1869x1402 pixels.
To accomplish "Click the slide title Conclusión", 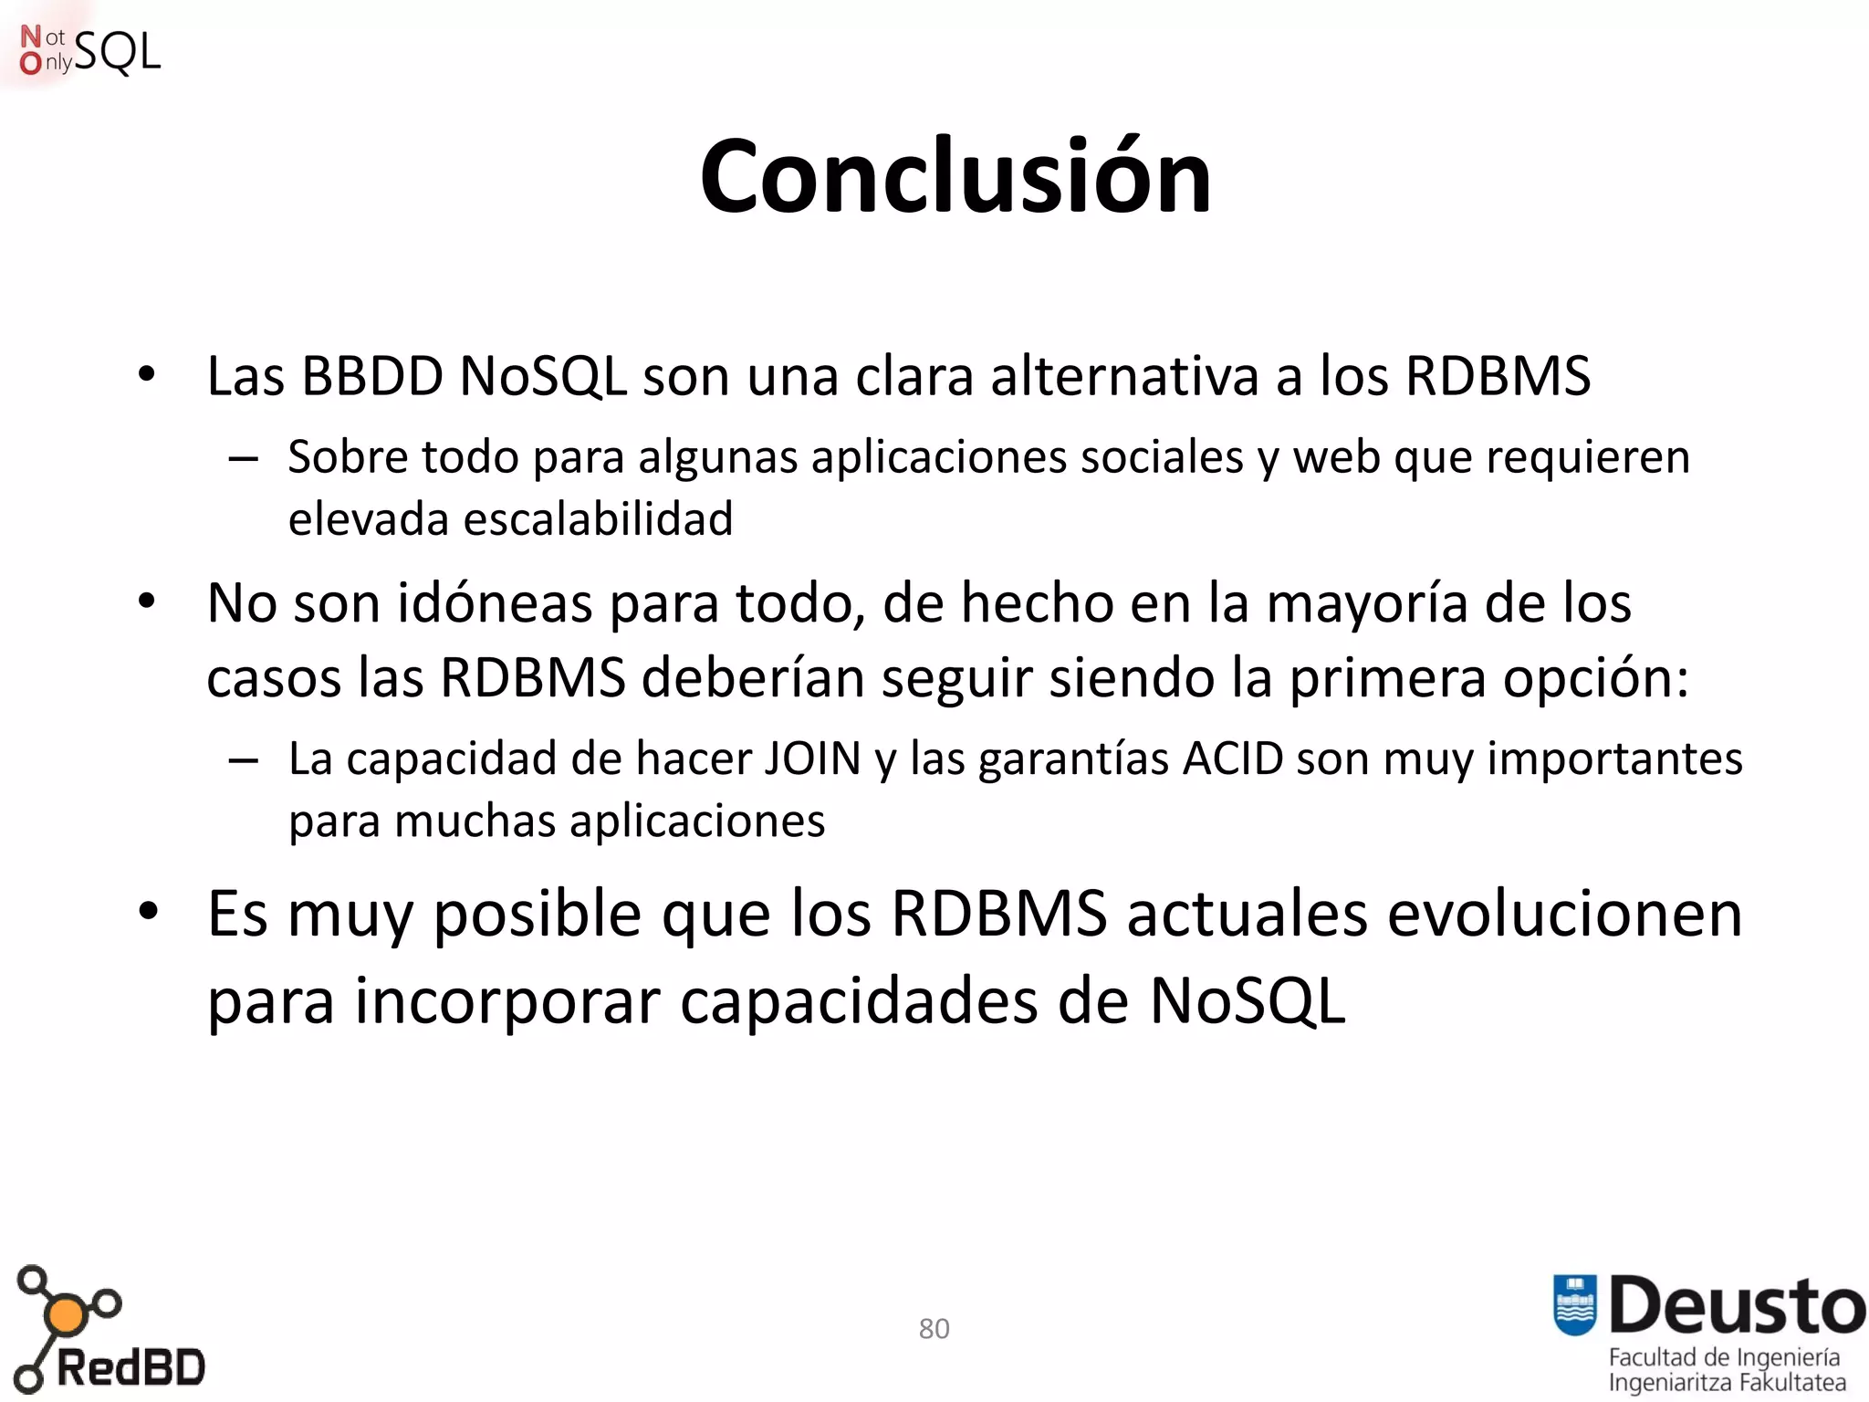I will [955, 176].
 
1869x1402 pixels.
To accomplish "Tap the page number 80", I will [934, 1328].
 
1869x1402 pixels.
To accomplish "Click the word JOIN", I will [811, 759].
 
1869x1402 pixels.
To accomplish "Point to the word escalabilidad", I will [598, 519].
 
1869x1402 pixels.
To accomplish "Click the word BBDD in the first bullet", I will [371, 376].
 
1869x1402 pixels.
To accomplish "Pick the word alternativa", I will [1124, 376].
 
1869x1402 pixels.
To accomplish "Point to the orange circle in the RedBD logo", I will [65, 1315].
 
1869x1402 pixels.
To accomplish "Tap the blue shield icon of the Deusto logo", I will [1574, 1303].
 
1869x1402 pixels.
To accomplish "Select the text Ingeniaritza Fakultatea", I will [1726, 1382].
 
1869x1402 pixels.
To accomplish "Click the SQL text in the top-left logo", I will [117, 52].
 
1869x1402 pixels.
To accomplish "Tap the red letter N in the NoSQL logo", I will [30, 37].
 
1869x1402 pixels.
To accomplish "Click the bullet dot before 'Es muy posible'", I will [148, 911].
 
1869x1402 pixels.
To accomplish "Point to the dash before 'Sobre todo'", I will [243, 458].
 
